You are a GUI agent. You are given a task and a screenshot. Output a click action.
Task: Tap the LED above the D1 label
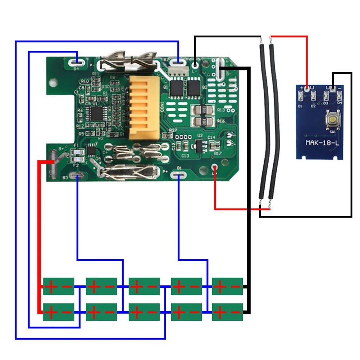(x=301, y=95)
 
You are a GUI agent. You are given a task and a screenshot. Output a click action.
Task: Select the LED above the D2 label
(x=313, y=96)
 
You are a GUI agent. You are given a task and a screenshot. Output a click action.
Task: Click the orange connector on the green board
(x=144, y=108)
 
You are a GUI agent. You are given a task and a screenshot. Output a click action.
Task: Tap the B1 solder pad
(x=179, y=175)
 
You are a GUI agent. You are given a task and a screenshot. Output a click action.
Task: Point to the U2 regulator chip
(x=199, y=145)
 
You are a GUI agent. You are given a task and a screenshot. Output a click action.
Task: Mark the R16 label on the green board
(x=221, y=121)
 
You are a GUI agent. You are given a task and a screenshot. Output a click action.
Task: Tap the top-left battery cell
(x=59, y=286)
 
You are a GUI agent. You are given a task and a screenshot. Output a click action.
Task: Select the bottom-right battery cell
(x=227, y=312)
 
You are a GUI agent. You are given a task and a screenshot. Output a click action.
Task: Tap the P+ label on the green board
(x=166, y=172)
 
